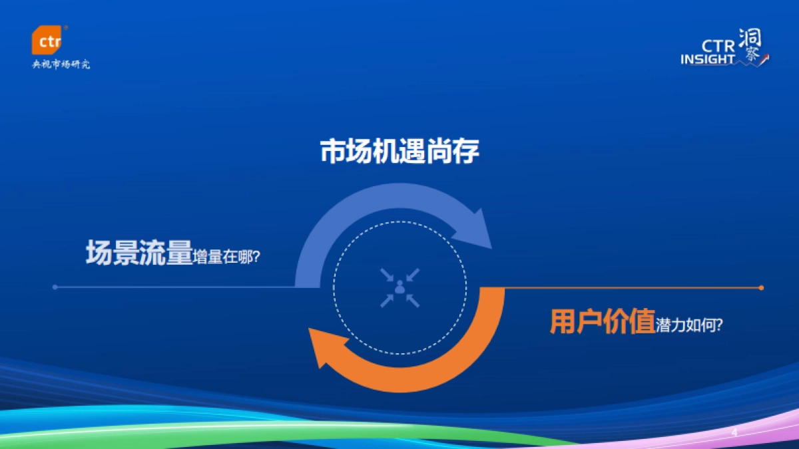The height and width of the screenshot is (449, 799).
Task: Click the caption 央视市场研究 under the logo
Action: click(61, 65)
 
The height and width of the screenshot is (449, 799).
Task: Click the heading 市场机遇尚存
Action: click(400, 152)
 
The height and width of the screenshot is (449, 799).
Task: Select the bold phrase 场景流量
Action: click(138, 253)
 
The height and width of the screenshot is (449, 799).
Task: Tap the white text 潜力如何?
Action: click(690, 325)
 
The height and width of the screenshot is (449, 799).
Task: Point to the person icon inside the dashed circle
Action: click(400, 288)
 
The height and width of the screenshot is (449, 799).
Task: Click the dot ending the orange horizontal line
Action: click(761, 288)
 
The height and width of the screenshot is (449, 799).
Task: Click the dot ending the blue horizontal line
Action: click(55, 287)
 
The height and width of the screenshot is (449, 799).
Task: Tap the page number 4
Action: click(734, 433)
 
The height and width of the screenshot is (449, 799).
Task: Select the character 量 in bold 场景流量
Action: click(178, 253)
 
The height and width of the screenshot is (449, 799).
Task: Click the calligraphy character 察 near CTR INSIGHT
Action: click(752, 56)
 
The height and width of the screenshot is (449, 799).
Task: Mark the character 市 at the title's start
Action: click(333, 152)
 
